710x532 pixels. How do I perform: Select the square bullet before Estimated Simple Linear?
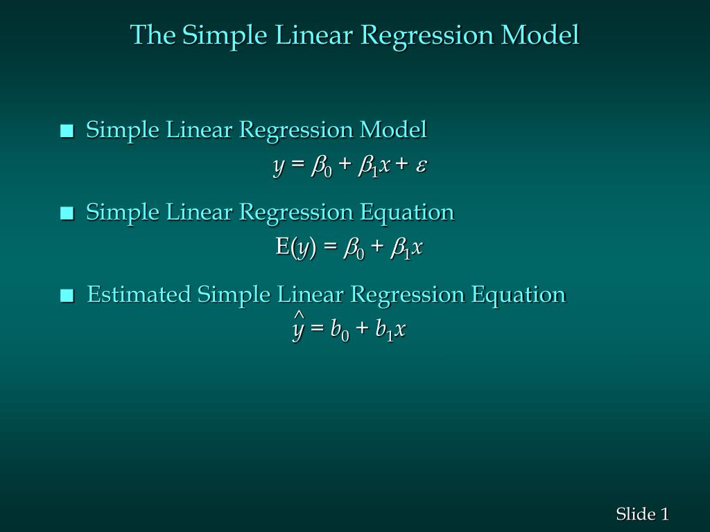(x=67, y=296)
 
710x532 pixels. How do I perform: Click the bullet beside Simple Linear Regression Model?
(x=67, y=131)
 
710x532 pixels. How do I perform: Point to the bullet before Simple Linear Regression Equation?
(x=67, y=213)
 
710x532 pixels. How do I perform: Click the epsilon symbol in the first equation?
(x=422, y=166)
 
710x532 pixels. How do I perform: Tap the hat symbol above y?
(x=299, y=317)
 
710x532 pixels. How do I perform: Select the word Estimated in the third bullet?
(x=139, y=295)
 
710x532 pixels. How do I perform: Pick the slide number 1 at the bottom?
(x=664, y=514)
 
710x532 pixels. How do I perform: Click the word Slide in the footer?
(x=636, y=514)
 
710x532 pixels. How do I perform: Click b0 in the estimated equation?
(x=339, y=331)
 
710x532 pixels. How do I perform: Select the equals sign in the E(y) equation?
(x=329, y=248)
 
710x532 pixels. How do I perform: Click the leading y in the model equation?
(x=279, y=166)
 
